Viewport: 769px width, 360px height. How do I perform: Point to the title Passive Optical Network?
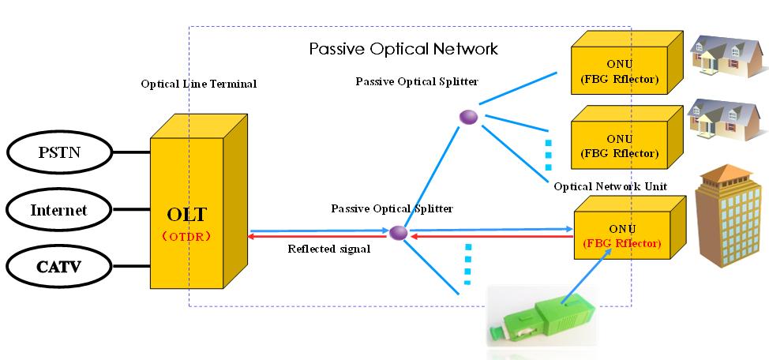tap(403, 49)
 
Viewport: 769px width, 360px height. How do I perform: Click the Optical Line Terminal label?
tap(198, 83)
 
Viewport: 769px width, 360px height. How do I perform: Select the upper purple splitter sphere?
tap(469, 117)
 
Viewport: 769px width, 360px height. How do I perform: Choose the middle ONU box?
tap(619, 143)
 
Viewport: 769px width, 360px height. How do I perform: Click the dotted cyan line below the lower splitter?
tap(467, 263)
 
